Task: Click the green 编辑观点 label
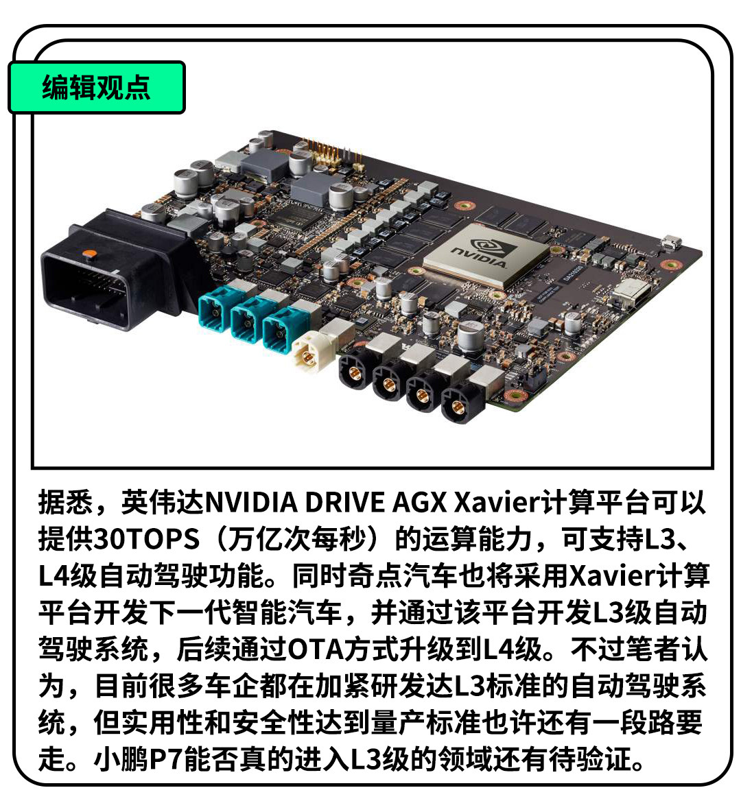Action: pyautogui.click(x=97, y=87)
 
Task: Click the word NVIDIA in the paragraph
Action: pyautogui.click(x=252, y=502)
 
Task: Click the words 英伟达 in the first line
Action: pyautogui.click(x=163, y=502)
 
